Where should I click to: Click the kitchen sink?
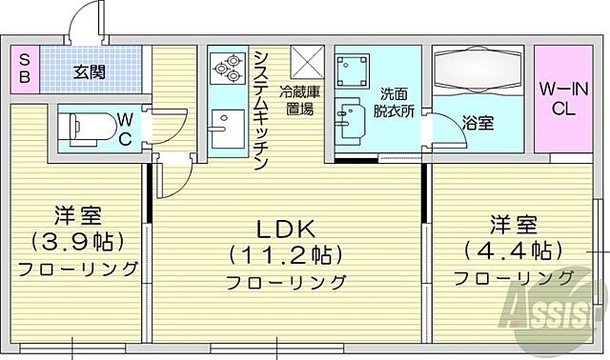pyautogui.click(x=227, y=128)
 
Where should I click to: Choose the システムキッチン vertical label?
pyautogui.click(x=259, y=110)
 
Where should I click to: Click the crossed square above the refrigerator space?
pyautogui.click(x=307, y=62)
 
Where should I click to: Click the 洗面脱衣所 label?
pyautogui.click(x=393, y=101)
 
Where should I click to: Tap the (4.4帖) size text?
pyautogui.click(x=513, y=251)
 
